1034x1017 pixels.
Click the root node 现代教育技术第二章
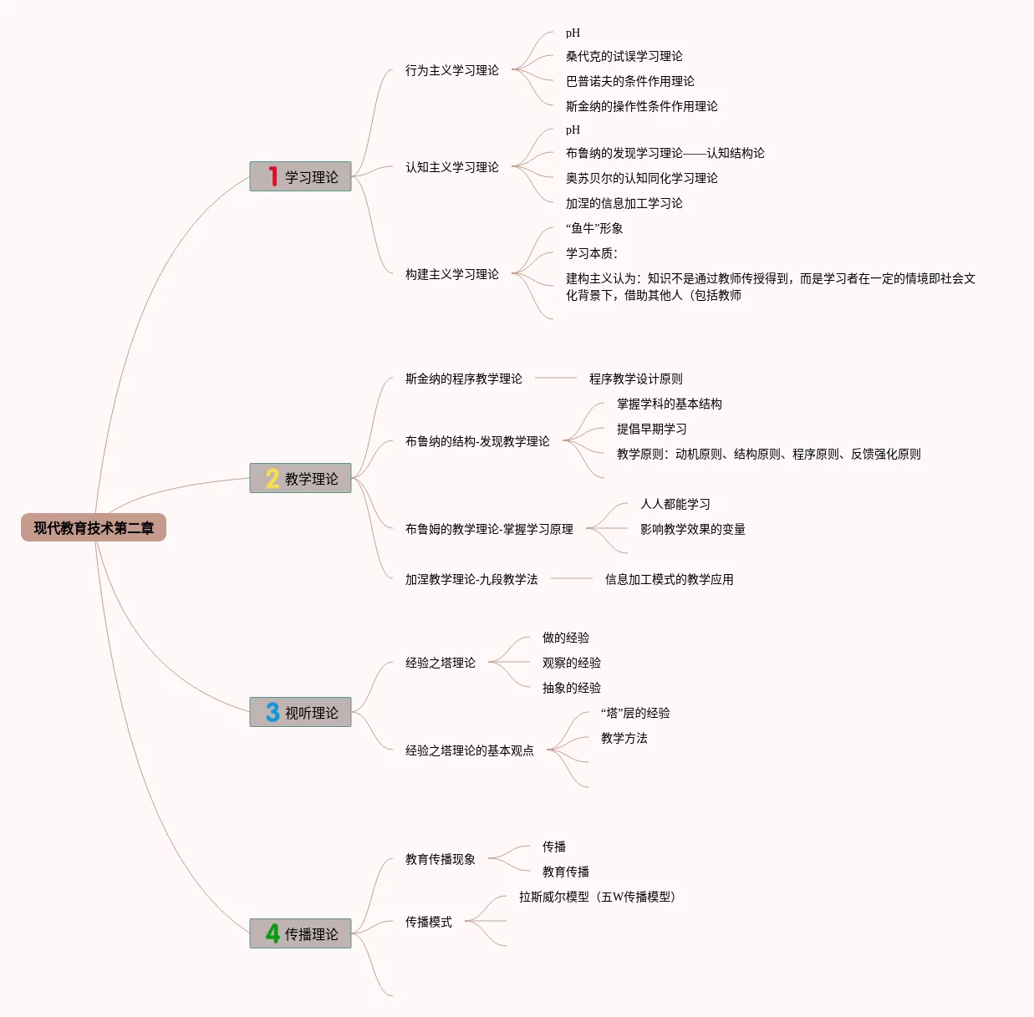[x=94, y=527]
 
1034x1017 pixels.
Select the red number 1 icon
[x=273, y=176]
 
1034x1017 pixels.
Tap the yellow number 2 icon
[x=273, y=478]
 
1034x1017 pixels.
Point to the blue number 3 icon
[x=273, y=712]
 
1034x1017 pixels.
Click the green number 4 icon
[x=273, y=933]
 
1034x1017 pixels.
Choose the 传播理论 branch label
[x=312, y=934]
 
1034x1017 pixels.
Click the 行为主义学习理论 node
[x=451, y=70]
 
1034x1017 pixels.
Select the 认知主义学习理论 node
[x=451, y=167]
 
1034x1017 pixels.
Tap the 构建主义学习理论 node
[x=451, y=274]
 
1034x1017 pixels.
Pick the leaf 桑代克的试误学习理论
[x=624, y=56]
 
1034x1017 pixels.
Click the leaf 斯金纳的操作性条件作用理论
[x=641, y=106]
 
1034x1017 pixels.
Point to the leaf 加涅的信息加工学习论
[x=624, y=203]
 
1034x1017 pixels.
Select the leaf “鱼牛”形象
[x=594, y=228]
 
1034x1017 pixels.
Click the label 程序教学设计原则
[x=635, y=379]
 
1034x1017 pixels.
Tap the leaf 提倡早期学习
[x=651, y=429]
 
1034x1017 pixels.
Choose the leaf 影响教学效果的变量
[x=692, y=529]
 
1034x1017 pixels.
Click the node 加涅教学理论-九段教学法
[x=471, y=579]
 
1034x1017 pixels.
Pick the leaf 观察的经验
[x=571, y=663]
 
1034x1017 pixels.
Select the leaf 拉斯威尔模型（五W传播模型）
[x=597, y=897]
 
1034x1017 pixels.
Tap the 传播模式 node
[x=428, y=922]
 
